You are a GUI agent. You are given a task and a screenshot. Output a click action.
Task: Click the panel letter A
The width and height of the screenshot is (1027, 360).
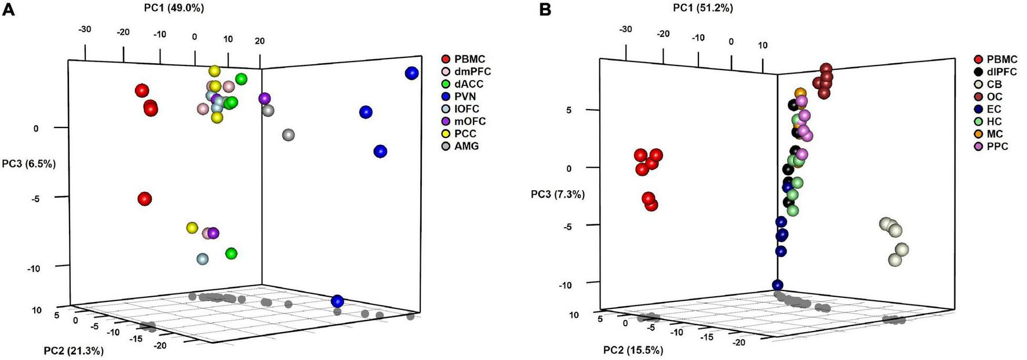[8, 10]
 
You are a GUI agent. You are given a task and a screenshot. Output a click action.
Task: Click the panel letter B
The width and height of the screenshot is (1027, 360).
[545, 10]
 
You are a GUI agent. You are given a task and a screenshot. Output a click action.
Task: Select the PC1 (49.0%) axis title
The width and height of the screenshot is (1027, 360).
[174, 8]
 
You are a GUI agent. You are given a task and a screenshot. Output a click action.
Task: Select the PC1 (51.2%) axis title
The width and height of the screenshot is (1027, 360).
[703, 8]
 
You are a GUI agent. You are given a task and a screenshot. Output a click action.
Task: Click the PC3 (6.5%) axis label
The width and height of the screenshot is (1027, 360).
[29, 163]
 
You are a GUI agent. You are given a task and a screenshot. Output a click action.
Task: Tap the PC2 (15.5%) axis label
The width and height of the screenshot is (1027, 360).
[633, 350]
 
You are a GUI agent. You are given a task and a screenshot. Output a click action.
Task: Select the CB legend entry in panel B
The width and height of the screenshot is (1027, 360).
[994, 85]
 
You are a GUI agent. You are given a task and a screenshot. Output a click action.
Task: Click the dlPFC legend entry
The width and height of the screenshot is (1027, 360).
[1001, 72]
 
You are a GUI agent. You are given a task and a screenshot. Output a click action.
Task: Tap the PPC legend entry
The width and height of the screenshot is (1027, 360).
[997, 147]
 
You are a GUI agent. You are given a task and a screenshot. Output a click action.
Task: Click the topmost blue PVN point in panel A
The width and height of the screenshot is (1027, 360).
[411, 73]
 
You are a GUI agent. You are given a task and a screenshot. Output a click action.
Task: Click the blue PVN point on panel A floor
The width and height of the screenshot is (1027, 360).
[337, 301]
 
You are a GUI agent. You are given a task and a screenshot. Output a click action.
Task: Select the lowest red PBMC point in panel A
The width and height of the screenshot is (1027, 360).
[144, 199]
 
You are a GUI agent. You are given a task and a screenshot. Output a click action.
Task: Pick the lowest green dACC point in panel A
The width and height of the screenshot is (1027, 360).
[231, 253]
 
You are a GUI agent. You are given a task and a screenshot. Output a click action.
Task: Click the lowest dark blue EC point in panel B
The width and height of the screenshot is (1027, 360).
[778, 285]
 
